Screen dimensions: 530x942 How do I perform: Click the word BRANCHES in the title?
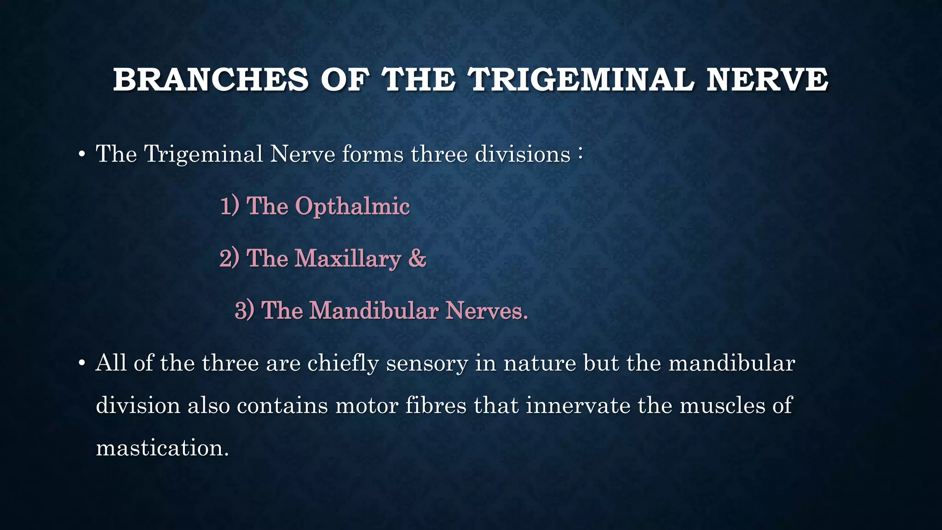point(211,80)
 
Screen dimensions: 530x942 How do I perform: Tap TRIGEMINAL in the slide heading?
point(581,80)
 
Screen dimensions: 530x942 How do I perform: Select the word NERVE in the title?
point(767,80)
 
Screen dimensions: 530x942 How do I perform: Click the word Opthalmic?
point(352,206)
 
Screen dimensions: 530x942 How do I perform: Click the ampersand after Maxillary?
point(417,258)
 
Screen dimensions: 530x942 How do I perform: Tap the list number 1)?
point(230,206)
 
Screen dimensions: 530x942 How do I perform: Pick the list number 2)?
point(229,258)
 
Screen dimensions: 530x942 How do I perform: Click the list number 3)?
point(244,311)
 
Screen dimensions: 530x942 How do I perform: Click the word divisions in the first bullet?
point(523,154)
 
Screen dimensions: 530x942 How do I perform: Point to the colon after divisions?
point(581,154)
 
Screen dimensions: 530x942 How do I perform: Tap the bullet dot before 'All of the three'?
point(81,364)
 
